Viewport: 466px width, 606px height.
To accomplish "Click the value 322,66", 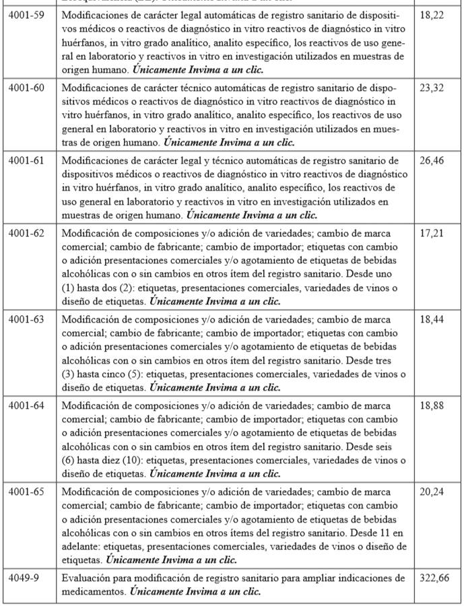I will click(x=434, y=578).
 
